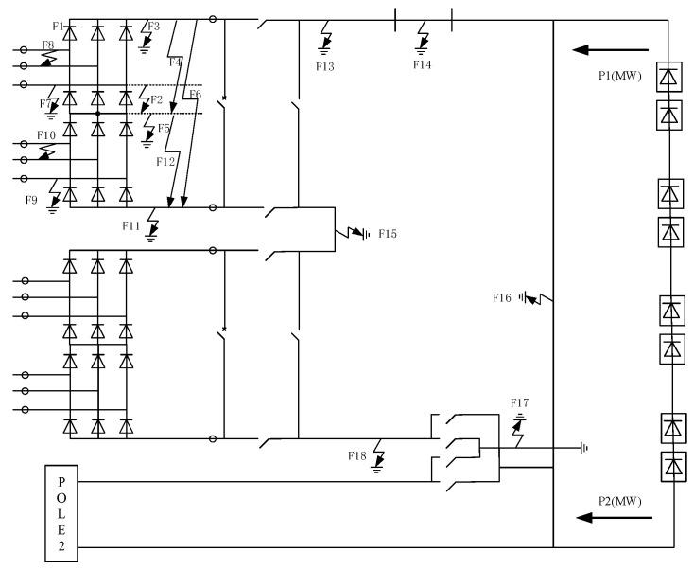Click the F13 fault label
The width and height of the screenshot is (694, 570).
(x=324, y=67)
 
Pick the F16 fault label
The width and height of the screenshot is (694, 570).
(x=501, y=297)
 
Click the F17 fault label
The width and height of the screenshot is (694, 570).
(x=519, y=403)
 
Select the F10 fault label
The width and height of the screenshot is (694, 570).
(x=46, y=135)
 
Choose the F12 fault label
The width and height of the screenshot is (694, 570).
(x=165, y=161)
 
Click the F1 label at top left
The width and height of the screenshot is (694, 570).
(x=57, y=26)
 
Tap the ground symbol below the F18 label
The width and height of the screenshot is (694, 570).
(x=378, y=468)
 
